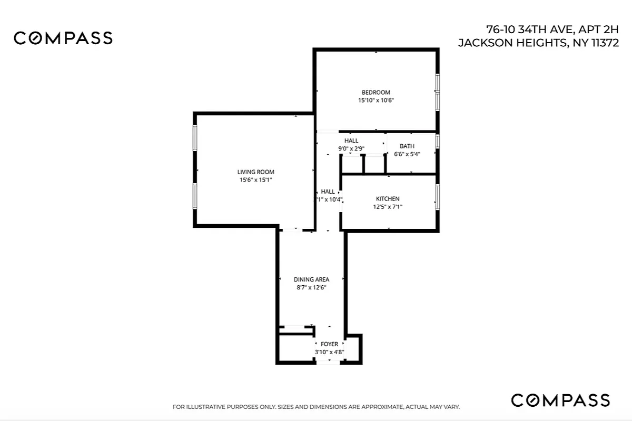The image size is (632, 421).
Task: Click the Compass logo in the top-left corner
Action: (63, 38)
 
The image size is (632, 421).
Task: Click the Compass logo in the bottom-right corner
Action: (560, 400)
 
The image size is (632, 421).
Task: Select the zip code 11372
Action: (605, 43)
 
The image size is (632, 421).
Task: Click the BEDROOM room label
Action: (376, 93)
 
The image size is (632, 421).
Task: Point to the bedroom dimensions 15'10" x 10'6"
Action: (376, 100)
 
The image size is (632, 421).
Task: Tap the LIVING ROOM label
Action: (255, 172)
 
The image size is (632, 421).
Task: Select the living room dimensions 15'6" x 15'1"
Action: (255, 180)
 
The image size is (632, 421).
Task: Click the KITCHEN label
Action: (387, 199)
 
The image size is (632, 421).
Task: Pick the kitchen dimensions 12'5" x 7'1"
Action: (387, 207)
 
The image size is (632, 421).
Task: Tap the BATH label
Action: (407, 146)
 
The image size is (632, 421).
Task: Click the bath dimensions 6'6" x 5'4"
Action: (407, 154)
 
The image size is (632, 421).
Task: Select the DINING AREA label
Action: (311, 279)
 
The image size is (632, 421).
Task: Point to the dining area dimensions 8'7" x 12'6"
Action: (311, 287)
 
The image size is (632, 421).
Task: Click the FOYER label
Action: (329, 344)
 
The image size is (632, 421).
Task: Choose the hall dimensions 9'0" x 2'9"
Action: (351, 149)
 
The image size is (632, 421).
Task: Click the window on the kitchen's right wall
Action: (437, 197)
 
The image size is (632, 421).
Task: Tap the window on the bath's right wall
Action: (437, 142)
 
